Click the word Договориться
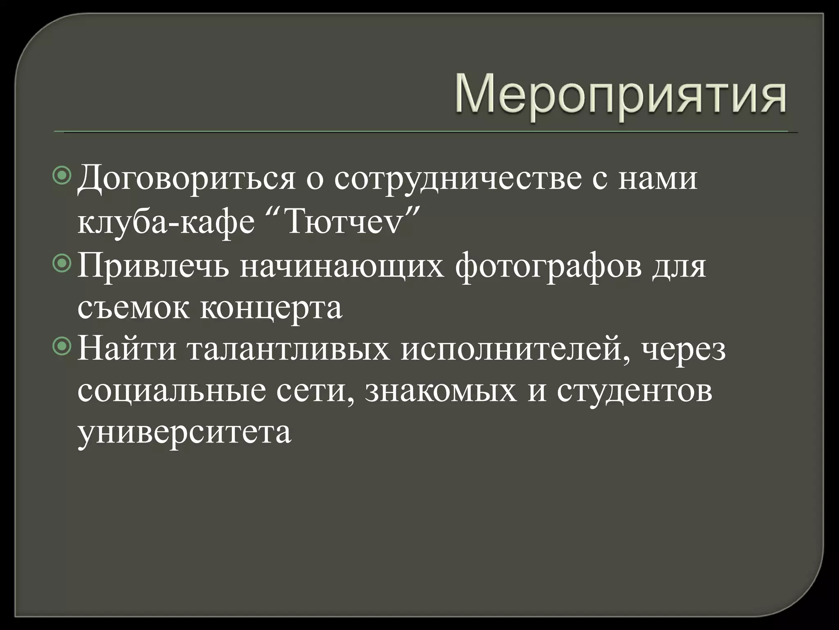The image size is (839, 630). [186, 180]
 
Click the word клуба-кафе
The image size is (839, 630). [166, 224]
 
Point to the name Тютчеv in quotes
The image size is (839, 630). [343, 224]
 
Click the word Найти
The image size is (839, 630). [127, 349]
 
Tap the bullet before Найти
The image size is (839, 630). [62, 347]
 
